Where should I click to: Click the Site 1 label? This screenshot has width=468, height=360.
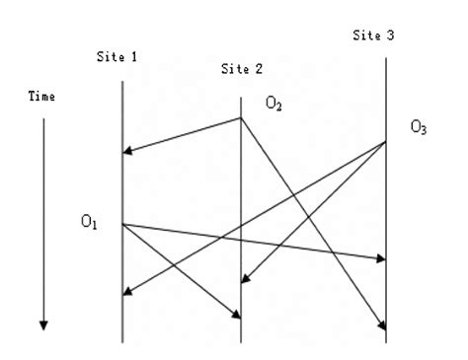pyautogui.click(x=117, y=57)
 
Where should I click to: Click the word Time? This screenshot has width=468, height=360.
pyautogui.click(x=41, y=97)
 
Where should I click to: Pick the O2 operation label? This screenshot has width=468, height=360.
pyautogui.click(x=273, y=103)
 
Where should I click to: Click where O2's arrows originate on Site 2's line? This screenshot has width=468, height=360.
pyautogui.click(x=241, y=118)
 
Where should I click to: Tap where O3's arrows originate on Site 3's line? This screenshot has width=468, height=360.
pyautogui.click(x=386, y=142)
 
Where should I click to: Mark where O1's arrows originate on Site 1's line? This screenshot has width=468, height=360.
pyautogui.click(x=121, y=224)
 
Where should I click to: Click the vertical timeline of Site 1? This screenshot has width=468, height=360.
pyautogui.click(x=121, y=187)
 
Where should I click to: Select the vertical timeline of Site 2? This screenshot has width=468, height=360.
pyautogui.click(x=241, y=197)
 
